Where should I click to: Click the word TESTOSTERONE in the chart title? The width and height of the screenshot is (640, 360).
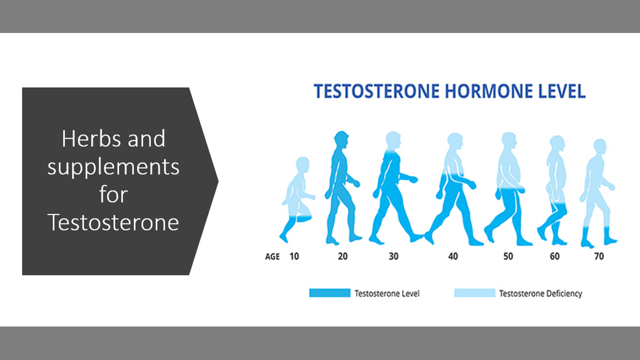tap(376, 91)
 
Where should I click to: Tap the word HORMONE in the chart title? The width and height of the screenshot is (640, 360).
tap(489, 91)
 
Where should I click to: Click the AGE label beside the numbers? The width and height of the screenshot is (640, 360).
tap(272, 256)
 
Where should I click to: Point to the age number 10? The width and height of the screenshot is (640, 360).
tap(294, 256)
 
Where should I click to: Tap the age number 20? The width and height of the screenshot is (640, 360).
tap(342, 256)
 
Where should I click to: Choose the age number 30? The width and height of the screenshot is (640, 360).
tap(393, 256)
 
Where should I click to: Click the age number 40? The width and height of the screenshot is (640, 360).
tap(453, 256)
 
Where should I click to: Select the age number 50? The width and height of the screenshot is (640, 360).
tap(508, 256)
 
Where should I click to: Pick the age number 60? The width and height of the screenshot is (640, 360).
tap(554, 256)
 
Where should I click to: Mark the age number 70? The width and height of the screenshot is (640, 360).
tap(599, 256)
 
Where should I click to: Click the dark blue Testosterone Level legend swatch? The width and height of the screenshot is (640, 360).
tap(329, 293)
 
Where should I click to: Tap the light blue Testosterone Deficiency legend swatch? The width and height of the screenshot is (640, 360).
tap(474, 293)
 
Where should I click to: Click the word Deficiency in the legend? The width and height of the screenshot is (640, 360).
tap(564, 293)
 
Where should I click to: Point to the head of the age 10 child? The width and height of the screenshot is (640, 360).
tap(302, 164)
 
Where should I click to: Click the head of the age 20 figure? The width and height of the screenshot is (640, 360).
tap(341, 139)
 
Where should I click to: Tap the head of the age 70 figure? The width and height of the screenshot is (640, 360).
tap(599, 146)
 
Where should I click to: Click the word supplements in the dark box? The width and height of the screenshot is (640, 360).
tap(113, 167)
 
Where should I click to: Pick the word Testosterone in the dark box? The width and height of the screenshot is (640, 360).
tap(113, 222)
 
